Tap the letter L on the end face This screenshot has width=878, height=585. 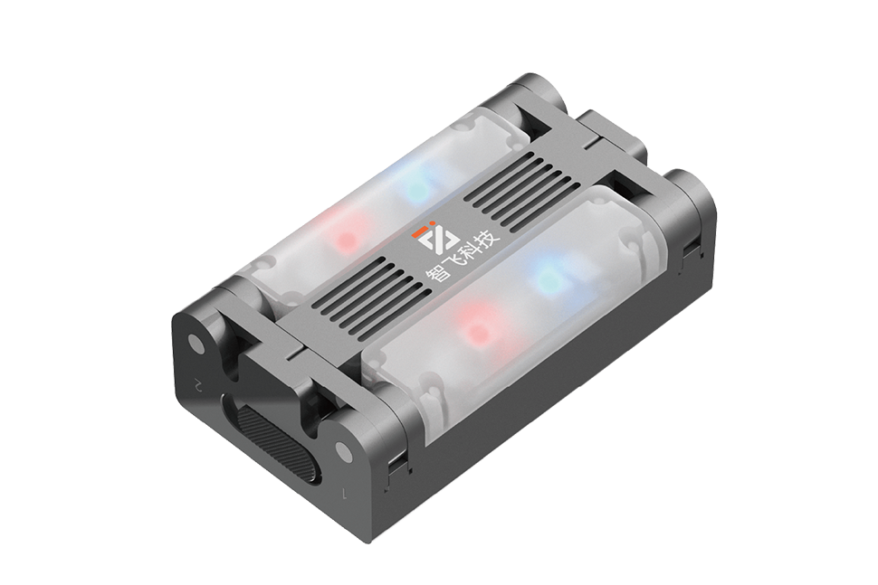345,494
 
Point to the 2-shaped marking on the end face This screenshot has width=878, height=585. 197,385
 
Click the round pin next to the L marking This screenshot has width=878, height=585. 344,451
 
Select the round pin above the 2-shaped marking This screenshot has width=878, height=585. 196,343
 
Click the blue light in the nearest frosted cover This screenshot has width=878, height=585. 546,277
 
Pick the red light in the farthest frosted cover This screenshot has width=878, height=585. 348,237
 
